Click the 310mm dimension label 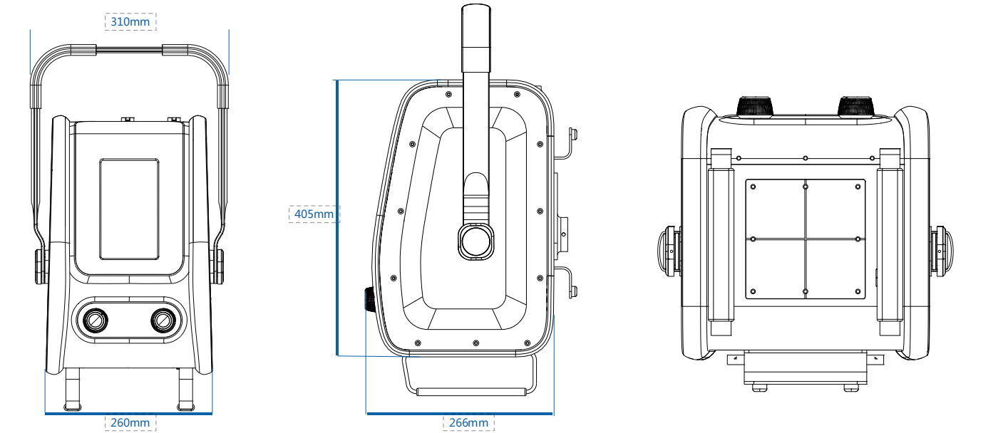(130, 21)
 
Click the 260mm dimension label (130, 422)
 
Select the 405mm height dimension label (314, 213)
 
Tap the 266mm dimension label (468, 422)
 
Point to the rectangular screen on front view (129, 209)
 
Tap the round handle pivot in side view (475, 241)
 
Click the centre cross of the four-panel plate (806, 239)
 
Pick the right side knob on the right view (942, 249)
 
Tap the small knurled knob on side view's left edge (371, 299)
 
